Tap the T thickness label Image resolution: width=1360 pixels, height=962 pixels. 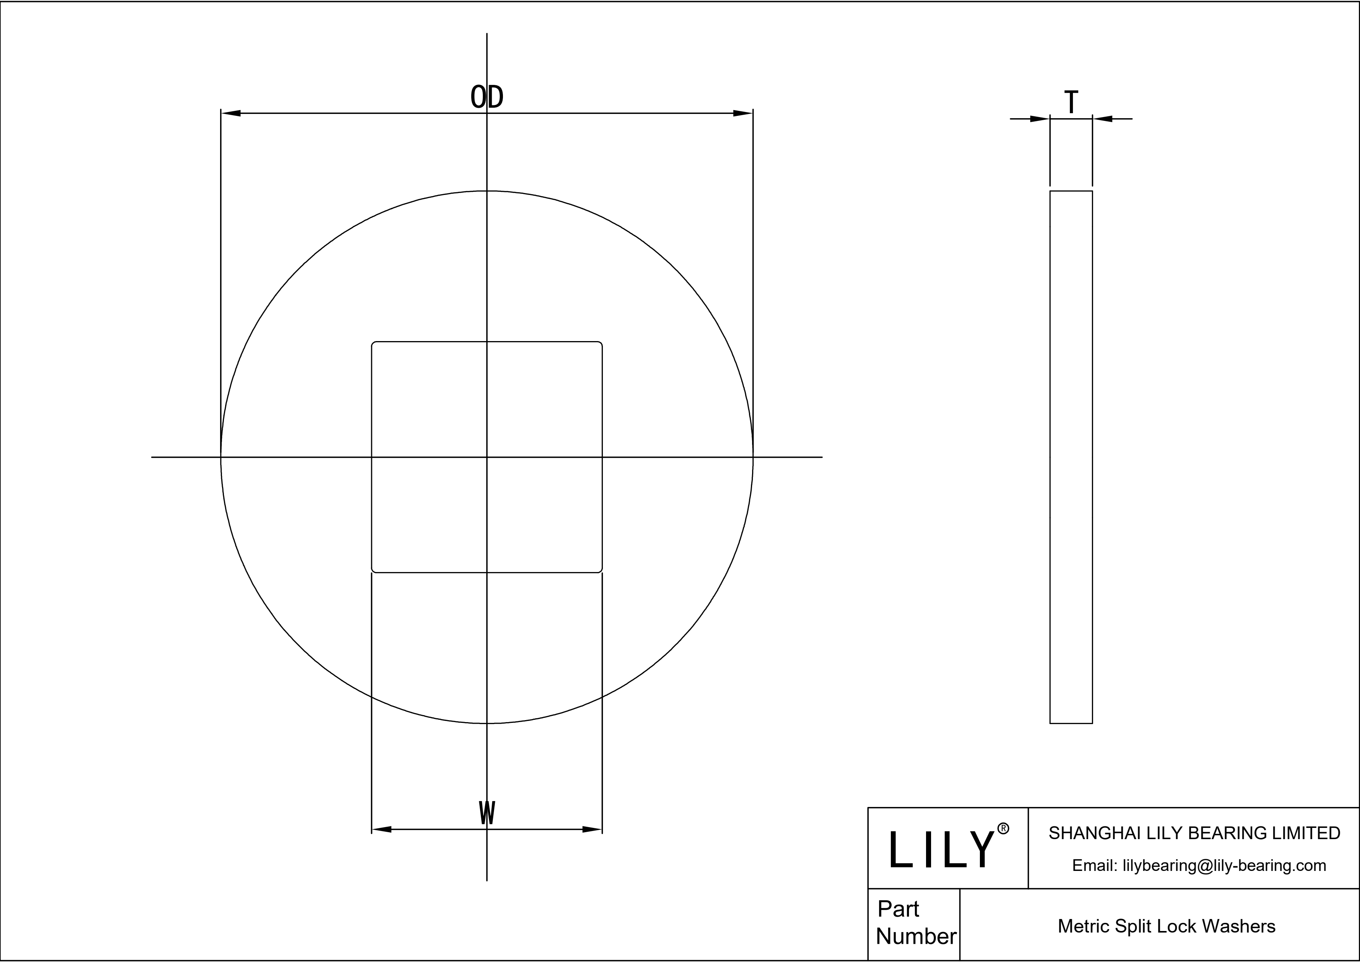pos(1071,102)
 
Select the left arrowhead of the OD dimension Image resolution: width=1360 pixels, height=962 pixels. pos(231,113)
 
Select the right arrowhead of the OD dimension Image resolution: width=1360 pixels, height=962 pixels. pos(742,113)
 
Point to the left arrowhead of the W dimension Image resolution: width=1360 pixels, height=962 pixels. pos(382,829)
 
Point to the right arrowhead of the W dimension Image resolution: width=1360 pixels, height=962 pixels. pos(592,829)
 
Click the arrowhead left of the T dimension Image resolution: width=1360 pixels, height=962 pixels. pos(1040,119)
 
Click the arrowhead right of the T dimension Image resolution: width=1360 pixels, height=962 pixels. pos(1103,119)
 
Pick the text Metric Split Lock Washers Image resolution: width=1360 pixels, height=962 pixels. pos(1166,926)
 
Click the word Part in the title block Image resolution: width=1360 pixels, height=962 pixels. pos(898,909)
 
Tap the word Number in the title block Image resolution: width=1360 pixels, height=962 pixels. pos(916,936)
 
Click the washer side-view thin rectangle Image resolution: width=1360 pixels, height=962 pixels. pos(1071,457)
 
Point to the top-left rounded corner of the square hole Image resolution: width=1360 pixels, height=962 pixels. pos(374,344)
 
